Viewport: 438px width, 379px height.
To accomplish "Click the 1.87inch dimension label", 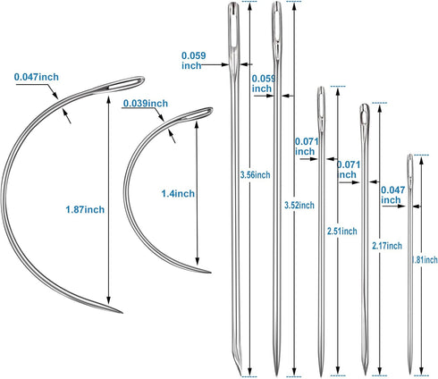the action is [x=85, y=209].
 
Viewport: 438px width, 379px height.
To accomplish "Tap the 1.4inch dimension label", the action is [x=178, y=194].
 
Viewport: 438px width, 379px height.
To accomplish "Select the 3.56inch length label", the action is [x=255, y=175].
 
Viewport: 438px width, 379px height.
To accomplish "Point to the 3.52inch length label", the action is [x=299, y=205].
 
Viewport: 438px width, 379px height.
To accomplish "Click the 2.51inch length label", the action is [x=341, y=231].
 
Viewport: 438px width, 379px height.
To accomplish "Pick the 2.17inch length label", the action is [x=387, y=246].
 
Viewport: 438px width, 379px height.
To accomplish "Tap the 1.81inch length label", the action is [x=425, y=260].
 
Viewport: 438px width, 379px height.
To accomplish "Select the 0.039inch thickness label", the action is [x=146, y=104].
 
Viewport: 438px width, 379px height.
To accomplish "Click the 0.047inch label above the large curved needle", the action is [x=37, y=77].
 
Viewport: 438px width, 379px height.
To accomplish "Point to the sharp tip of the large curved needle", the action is [x=122, y=313].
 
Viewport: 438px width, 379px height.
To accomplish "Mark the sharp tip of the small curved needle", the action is [x=210, y=272].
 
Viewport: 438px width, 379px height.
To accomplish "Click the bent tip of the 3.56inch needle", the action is [x=240, y=373].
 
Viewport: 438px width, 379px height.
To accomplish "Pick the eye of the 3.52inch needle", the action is [x=277, y=25].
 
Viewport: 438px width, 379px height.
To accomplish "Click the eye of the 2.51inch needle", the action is [x=321, y=103].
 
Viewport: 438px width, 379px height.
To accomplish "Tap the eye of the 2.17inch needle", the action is [x=365, y=117].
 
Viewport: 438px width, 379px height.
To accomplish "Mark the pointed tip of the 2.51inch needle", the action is [x=321, y=375].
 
